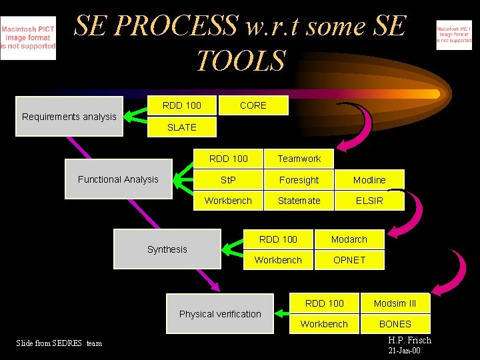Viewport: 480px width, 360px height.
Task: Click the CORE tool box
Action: tap(253, 105)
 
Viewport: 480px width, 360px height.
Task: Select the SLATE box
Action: tap(181, 127)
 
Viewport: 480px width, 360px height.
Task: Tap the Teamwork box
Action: tap(299, 159)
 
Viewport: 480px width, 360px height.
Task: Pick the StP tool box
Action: tap(228, 180)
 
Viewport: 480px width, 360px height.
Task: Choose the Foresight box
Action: tap(299, 180)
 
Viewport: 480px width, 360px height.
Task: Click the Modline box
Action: tap(369, 180)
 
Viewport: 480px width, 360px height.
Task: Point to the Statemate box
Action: tap(299, 201)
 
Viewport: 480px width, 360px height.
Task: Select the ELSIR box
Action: tap(369, 201)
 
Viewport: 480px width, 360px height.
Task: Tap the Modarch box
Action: tap(349, 239)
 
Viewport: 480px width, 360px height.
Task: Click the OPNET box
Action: tap(349, 260)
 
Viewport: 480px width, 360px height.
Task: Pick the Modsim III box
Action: tap(395, 303)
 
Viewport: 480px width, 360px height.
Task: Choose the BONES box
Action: tap(395, 324)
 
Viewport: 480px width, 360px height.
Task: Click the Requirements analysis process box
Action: tap(69, 117)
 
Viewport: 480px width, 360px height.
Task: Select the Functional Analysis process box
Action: tap(118, 179)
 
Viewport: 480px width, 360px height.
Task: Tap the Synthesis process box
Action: tap(167, 249)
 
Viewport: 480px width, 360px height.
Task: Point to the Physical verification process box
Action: tap(220, 314)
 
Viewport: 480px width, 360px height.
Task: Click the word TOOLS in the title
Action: tap(241, 61)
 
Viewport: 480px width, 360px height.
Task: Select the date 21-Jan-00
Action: tap(404, 351)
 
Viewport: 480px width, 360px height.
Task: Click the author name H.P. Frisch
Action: tap(409, 341)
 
